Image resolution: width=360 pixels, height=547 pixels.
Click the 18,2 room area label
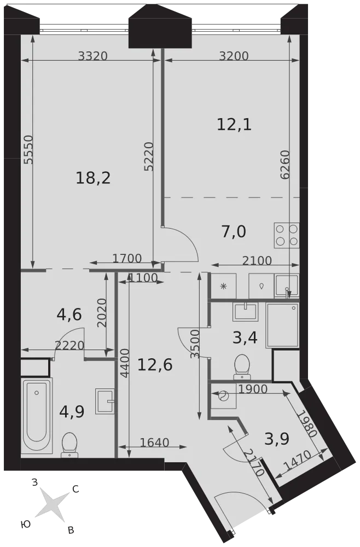point(93,178)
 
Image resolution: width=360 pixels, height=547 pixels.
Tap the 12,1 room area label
point(234,124)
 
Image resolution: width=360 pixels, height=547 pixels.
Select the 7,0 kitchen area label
point(234,231)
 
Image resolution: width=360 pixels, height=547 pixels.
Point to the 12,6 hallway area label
point(155,365)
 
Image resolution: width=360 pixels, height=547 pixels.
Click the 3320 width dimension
point(92,56)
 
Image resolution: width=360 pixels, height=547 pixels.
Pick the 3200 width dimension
point(234,56)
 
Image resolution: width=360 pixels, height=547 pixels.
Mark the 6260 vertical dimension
point(285,165)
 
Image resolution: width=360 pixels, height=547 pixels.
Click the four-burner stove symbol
point(286,235)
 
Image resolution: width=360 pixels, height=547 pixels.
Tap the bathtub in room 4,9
point(36,416)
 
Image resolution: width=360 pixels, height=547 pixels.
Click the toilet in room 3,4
point(242,367)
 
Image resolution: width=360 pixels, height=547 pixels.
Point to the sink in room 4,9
point(104,401)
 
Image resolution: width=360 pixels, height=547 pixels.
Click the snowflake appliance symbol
point(223,287)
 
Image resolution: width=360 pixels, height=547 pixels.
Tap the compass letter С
point(76,490)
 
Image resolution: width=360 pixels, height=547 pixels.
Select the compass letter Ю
point(25,524)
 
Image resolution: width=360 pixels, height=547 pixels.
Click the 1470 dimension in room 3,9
point(297,461)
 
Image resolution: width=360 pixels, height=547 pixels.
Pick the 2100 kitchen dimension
point(257,260)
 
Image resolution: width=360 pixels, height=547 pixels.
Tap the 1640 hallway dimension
point(154,443)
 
